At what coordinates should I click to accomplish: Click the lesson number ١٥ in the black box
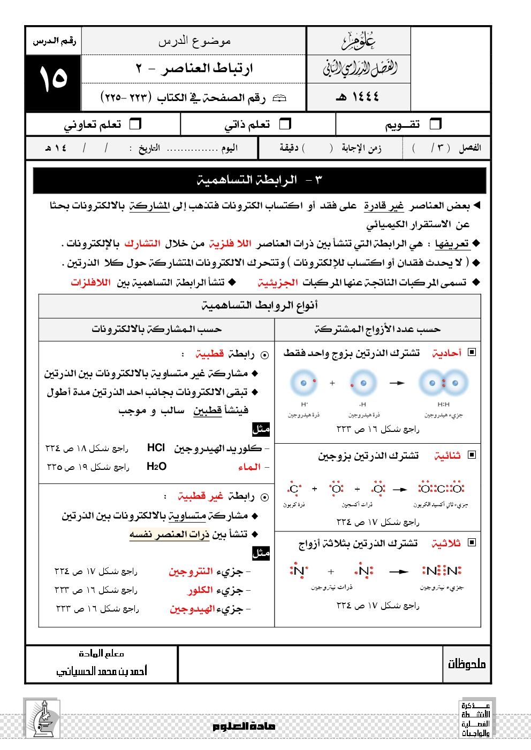coord(53,79)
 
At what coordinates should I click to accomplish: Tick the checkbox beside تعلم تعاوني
coord(136,124)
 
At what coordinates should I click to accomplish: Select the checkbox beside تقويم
coord(436,124)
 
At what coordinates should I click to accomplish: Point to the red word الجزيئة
coord(277,282)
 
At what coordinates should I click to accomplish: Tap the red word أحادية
coord(447,353)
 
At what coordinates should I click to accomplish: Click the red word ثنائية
coord(447,455)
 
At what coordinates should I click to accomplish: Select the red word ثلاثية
coord(446,543)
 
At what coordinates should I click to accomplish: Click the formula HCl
coord(156,448)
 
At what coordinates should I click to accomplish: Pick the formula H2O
coord(156,467)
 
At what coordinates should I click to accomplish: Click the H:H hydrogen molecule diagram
coord(444,383)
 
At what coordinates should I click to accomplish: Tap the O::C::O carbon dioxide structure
coord(442,489)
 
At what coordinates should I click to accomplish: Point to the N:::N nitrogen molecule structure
coord(442,571)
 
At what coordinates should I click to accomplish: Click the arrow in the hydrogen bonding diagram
coord(397,383)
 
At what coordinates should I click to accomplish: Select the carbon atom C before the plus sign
coord(294,489)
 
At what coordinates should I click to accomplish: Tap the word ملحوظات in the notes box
coord(467,664)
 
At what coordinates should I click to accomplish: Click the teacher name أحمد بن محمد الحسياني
coord(102,671)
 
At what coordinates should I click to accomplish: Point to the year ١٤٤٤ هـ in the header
coord(358,97)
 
